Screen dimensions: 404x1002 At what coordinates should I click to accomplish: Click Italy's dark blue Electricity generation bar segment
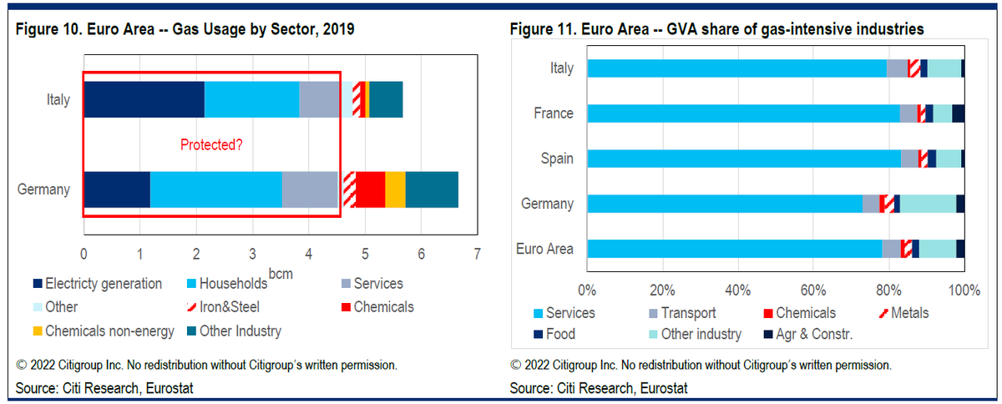click(x=144, y=99)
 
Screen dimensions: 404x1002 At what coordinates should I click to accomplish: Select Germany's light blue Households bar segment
click(x=215, y=189)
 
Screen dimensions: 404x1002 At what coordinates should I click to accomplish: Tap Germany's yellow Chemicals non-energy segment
click(x=395, y=189)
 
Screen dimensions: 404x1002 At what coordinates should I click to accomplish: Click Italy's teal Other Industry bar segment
click(x=385, y=99)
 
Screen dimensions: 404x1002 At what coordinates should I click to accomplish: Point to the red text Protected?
click(x=212, y=145)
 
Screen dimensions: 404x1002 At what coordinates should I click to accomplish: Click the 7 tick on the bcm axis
click(x=477, y=253)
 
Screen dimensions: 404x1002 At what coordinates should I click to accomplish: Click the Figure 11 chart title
click(x=716, y=30)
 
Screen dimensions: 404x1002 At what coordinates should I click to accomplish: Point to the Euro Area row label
click(x=545, y=249)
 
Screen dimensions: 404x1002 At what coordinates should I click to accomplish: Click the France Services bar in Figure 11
click(x=743, y=114)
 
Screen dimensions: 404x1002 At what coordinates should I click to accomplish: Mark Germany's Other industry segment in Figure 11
click(x=928, y=204)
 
